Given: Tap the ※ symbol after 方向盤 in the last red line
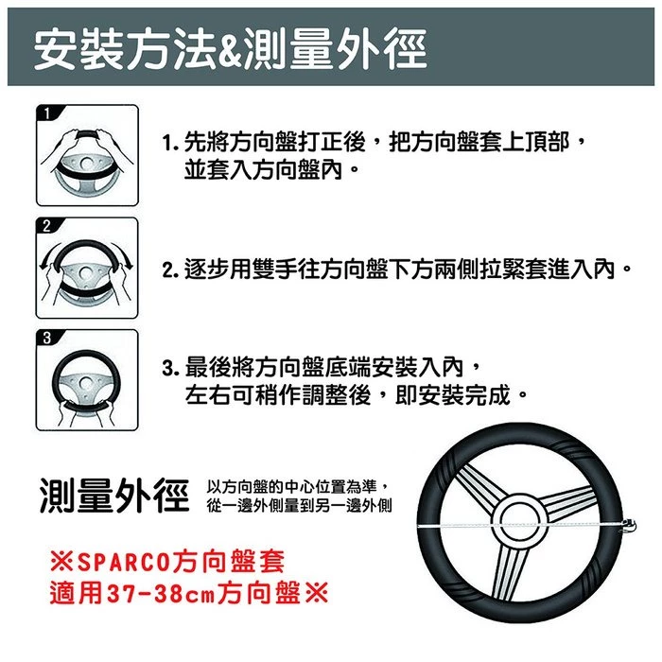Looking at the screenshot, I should pos(316,598).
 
